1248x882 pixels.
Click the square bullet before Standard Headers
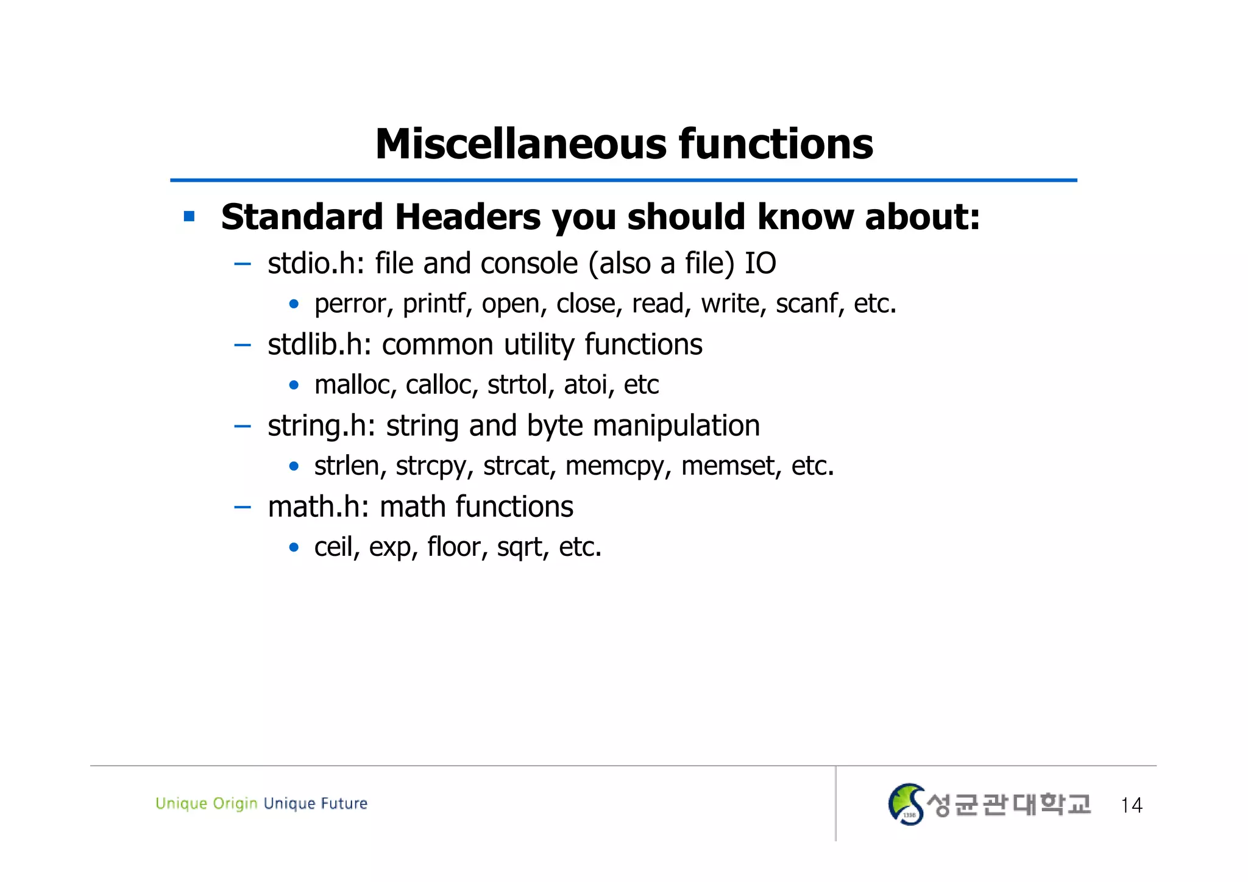[190, 216]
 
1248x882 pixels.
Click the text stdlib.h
[316, 344]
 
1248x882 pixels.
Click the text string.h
[318, 426]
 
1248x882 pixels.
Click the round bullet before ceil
[294, 547]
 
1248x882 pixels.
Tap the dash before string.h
[243, 426]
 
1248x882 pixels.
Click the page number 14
[1131, 805]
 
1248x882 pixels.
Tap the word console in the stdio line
[529, 264]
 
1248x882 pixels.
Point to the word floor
[454, 547]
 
